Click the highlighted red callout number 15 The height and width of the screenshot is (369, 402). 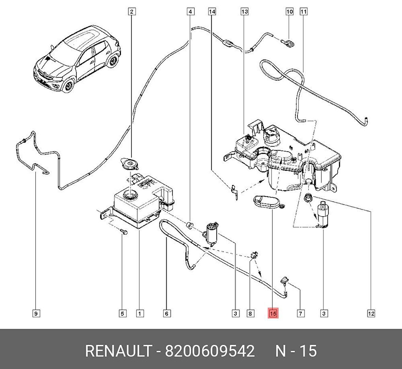point(273,313)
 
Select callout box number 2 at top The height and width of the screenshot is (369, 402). point(132,12)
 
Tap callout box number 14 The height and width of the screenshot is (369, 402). point(212,12)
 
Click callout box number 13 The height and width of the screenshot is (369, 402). point(244,12)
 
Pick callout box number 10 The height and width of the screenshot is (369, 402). point(289,12)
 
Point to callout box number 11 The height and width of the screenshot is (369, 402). point(303,12)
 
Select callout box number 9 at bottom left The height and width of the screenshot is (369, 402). point(36,313)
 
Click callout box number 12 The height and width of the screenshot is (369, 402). point(371,313)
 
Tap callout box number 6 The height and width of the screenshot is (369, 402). point(167,313)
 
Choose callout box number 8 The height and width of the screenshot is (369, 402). point(250,313)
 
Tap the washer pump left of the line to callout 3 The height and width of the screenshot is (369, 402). point(211,233)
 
